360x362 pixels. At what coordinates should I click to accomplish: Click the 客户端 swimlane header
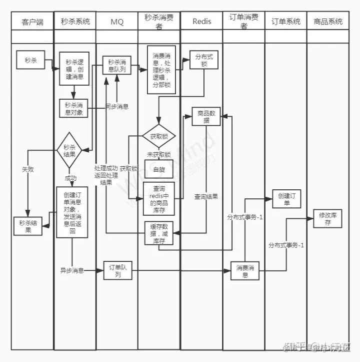(32, 22)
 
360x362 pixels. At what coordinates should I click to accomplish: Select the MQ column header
(116, 22)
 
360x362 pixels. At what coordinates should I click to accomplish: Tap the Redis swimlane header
(201, 22)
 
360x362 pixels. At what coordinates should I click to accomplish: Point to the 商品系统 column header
(328, 22)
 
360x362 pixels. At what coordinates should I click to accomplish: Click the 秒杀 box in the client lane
(30, 61)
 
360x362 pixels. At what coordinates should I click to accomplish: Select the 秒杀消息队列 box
(117, 66)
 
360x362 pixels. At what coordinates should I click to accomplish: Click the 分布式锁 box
(203, 62)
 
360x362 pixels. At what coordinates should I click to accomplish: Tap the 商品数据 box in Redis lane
(206, 117)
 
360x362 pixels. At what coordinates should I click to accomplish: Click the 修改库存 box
(328, 219)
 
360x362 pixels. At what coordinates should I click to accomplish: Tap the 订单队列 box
(117, 271)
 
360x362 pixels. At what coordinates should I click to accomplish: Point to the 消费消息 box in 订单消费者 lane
(244, 271)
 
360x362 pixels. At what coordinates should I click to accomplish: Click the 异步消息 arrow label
(72, 271)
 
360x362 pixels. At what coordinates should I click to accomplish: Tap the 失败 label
(28, 170)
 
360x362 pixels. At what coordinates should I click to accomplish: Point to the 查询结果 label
(206, 197)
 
